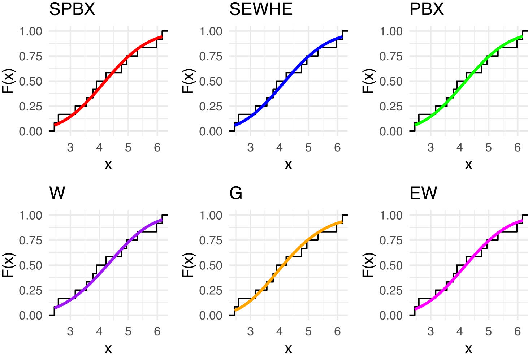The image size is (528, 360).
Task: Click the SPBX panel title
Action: click(x=72, y=9)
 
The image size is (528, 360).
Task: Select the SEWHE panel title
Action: click(x=260, y=9)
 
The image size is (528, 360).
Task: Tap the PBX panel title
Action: click(x=426, y=9)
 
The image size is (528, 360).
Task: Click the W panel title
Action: click(x=57, y=193)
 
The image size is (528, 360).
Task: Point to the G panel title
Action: click(x=235, y=193)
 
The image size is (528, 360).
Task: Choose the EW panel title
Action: click(x=423, y=193)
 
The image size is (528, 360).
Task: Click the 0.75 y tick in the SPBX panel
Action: click(x=31, y=56)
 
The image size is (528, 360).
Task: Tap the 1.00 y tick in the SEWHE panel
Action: click(x=211, y=31)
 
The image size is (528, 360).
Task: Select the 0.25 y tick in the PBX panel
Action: click(x=391, y=107)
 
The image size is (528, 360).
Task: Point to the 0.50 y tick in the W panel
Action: click(x=31, y=265)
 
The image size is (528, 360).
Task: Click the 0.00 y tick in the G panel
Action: click(x=211, y=316)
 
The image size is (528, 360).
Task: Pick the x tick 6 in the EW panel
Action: click(x=517, y=331)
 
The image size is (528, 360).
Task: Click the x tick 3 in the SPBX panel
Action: click(x=70, y=148)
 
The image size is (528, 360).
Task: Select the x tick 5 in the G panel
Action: click(x=308, y=331)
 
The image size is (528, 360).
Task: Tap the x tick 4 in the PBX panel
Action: click(x=459, y=148)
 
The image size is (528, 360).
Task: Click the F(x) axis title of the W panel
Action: click(x=8, y=265)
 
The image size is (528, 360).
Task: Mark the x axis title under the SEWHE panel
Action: click(x=288, y=165)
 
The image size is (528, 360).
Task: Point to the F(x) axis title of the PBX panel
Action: click(x=368, y=81)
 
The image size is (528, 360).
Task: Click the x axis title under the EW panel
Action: click(x=468, y=349)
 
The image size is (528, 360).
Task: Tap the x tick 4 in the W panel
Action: click(x=99, y=331)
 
